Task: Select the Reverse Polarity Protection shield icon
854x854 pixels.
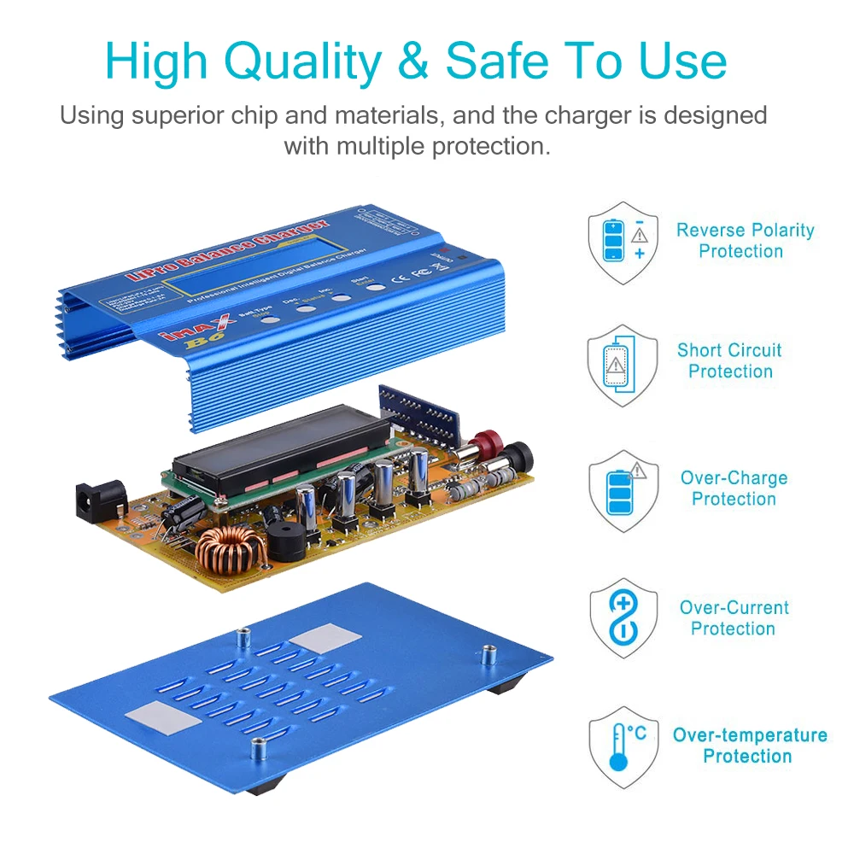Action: [x=623, y=242]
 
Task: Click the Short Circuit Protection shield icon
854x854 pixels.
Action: [x=623, y=365]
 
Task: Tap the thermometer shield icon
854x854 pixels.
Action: [x=623, y=746]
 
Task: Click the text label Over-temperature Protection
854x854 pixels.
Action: [x=749, y=746]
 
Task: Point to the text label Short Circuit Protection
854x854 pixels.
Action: [x=730, y=360]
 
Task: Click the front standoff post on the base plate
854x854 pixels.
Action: [x=257, y=747]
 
